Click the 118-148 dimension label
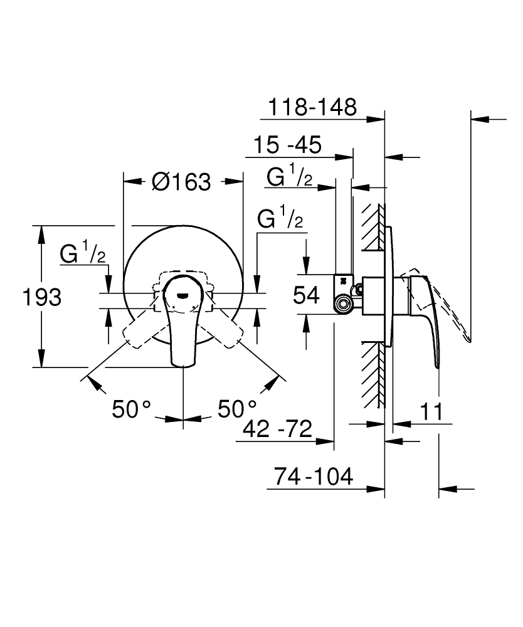(312, 107)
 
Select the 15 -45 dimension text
(288, 145)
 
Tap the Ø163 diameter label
(181, 182)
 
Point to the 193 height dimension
(43, 297)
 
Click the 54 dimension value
(307, 295)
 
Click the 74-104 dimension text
(314, 477)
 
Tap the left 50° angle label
(132, 409)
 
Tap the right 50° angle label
(237, 409)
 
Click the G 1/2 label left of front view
(82, 254)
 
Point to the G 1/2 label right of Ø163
(280, 219)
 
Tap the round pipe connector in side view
(342, 305)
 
